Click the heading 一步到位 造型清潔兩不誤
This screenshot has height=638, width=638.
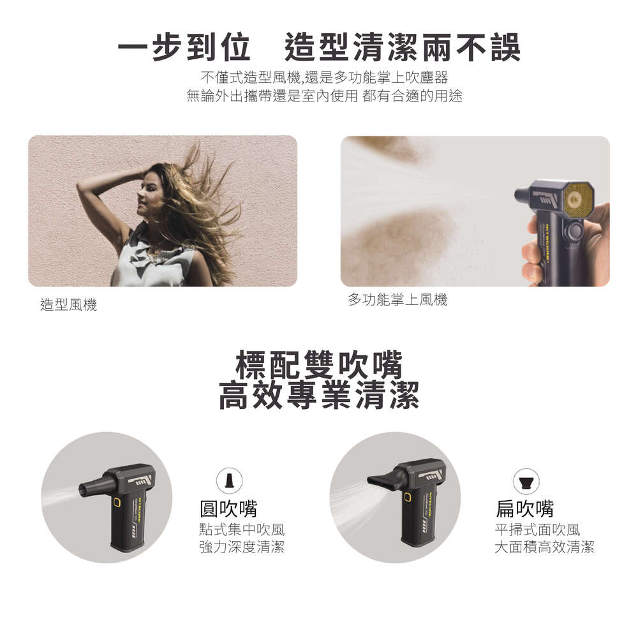[319, 47]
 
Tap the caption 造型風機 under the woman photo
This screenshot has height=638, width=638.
[69, 304]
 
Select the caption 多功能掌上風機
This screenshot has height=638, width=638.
[397, 299]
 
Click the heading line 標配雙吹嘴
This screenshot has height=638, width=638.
[319, 364]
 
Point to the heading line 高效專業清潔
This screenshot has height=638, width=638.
[319, 395]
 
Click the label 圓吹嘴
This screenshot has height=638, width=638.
[228, 508]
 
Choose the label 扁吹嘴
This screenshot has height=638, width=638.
[524, 508]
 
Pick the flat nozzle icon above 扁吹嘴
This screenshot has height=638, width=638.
[526, 481]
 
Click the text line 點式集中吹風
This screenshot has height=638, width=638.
[242, 530]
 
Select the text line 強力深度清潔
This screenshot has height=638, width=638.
[242, 547]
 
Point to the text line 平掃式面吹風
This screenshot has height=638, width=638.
[537, 530]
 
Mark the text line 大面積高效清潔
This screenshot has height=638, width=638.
[544, 547]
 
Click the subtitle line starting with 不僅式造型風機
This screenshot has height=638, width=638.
[324, 77]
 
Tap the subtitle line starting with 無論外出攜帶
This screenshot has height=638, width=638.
[324, 96]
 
